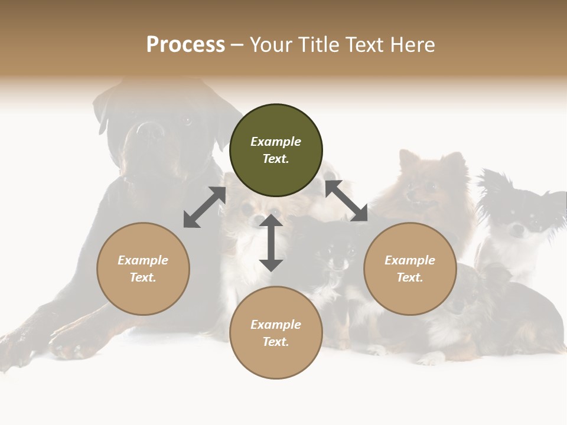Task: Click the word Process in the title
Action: coord(185,45)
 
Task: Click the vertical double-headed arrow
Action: coord(271,243)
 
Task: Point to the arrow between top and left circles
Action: coord(204,207)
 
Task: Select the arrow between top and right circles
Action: coord(346,201)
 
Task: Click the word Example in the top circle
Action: coord(276,142)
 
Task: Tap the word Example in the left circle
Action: coord(143,260)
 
